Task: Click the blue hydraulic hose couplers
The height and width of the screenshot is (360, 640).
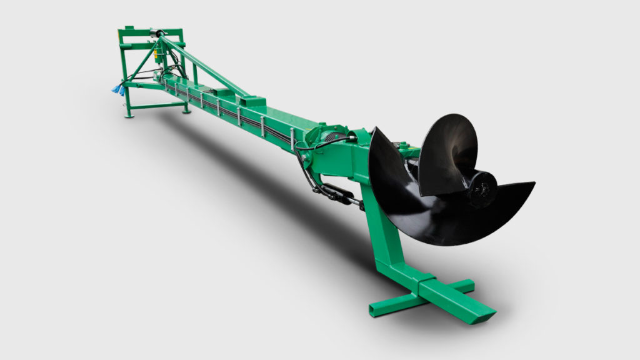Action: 116,90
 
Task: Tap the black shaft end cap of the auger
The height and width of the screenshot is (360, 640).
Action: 481,187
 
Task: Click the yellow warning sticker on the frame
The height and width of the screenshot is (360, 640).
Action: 154,61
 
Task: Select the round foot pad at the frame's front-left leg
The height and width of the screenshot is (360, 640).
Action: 129,115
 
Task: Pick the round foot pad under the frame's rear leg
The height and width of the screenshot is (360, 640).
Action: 186,111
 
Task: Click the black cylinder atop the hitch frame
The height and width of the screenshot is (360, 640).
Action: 156,32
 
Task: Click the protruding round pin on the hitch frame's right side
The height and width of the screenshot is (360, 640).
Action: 181,44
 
